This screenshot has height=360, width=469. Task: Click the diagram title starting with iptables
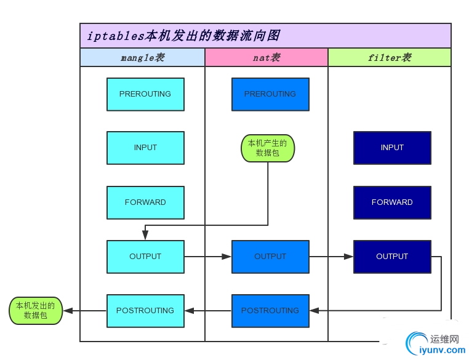pos(184,36)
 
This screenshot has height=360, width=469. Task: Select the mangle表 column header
pos(142,57)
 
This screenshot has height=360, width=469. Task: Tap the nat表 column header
pos(267,57)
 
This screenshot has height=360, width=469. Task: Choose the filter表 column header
pos(389,57)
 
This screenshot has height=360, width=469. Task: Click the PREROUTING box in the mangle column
pos(145,94)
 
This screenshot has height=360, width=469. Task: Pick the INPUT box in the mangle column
pos(145,148)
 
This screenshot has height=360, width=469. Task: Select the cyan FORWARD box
pos(145,202)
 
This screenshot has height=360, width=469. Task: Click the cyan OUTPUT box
pos(145,257)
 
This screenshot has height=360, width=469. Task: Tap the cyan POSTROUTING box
pos(145,311)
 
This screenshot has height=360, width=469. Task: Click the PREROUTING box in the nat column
pos(270,94)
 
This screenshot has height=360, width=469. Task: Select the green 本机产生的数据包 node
pos(268,148)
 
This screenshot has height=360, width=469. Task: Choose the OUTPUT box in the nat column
pos(270,257)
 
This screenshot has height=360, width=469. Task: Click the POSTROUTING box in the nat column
pos(270,311)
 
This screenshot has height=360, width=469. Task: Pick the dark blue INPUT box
pos(392,148)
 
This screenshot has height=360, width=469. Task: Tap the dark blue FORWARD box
pos(392,202)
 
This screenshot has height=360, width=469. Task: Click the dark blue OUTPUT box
pos(392,257)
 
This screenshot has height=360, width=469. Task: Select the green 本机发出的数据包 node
pos(36,311)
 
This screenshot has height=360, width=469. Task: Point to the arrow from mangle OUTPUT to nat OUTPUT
pos(207,257)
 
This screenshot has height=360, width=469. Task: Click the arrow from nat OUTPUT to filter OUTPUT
pos(331,257)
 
